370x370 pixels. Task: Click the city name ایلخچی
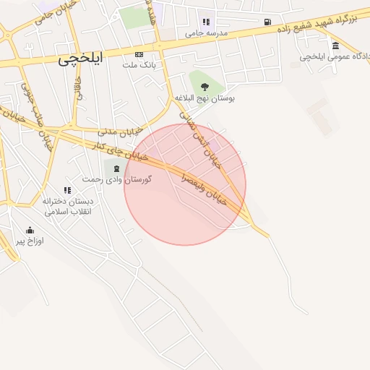[80, 61]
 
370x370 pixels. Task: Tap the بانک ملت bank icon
[139, 54]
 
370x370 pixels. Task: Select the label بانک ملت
[139, 66]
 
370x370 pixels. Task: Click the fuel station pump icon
[268, 22]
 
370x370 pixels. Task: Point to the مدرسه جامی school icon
[206, 22]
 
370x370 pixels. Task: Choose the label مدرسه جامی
[206, 33]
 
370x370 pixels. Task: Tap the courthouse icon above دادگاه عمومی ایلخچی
[335, 46]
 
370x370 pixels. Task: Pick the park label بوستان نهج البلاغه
[205, 97]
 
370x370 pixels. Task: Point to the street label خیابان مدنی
[119, 132]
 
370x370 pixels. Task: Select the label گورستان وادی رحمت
[116, 178]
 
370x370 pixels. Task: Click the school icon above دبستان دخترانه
[66, 190]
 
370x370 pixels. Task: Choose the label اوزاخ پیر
[30, 241]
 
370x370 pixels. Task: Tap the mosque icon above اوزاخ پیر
[30, 230]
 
